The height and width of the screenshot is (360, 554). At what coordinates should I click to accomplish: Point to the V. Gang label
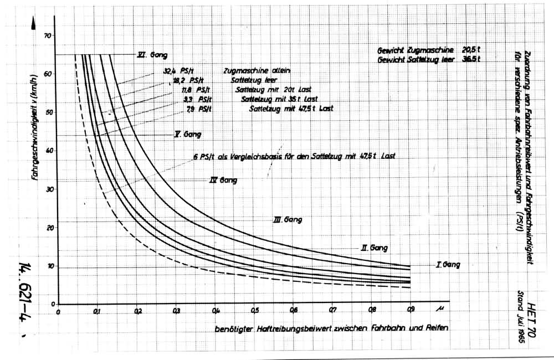188,135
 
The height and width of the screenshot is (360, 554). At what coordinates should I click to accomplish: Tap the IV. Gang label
224,180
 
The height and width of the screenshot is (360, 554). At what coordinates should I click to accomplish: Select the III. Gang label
288,220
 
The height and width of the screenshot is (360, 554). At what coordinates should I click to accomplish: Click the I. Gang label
448,265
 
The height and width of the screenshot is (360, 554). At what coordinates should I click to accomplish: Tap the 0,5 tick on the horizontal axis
254,310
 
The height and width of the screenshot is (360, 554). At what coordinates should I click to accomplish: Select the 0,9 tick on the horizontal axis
410,310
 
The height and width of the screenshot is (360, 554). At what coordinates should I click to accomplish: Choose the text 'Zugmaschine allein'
257,71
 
